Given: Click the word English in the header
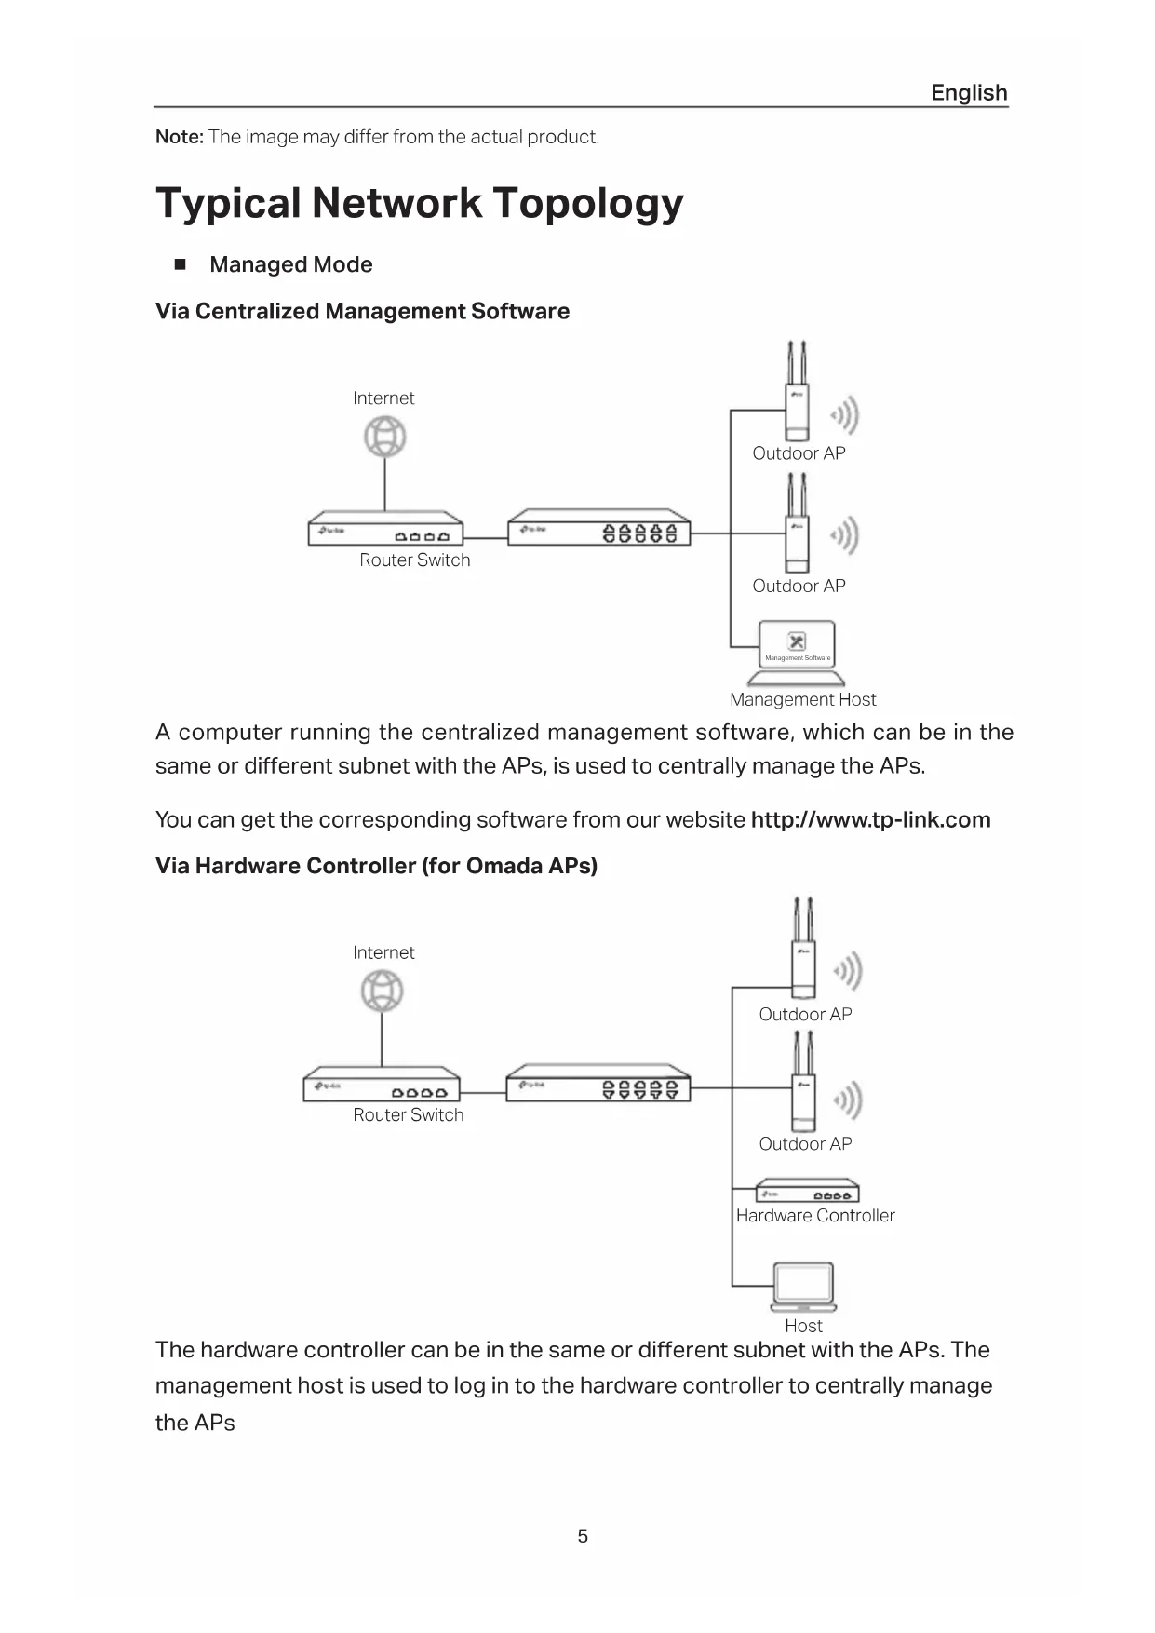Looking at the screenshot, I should (969, 93).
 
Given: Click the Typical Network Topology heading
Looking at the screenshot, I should (420, 203).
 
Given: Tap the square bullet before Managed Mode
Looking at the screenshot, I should (181, 264).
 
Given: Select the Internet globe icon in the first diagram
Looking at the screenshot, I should (385, 437).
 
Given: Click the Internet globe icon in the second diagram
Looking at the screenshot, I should (383, 991).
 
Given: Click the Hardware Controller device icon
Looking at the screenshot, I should (807, 1192).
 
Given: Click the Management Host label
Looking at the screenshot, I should (802, 699).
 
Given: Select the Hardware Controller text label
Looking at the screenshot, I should (815, 1216).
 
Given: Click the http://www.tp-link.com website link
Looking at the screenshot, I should (870, 820).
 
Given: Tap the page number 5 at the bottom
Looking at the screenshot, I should (583, 1536).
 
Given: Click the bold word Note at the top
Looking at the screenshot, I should (179, 137).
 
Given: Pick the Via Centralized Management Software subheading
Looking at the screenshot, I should (362, 311).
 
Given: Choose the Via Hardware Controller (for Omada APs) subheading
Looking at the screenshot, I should (376, 866).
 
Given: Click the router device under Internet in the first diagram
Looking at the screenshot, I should (385, 529).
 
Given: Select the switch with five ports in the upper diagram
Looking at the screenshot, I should (599, 528).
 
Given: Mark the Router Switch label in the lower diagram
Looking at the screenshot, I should (408, 1115).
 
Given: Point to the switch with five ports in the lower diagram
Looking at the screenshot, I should (598, 1084).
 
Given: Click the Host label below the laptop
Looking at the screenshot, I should (803, 1326).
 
